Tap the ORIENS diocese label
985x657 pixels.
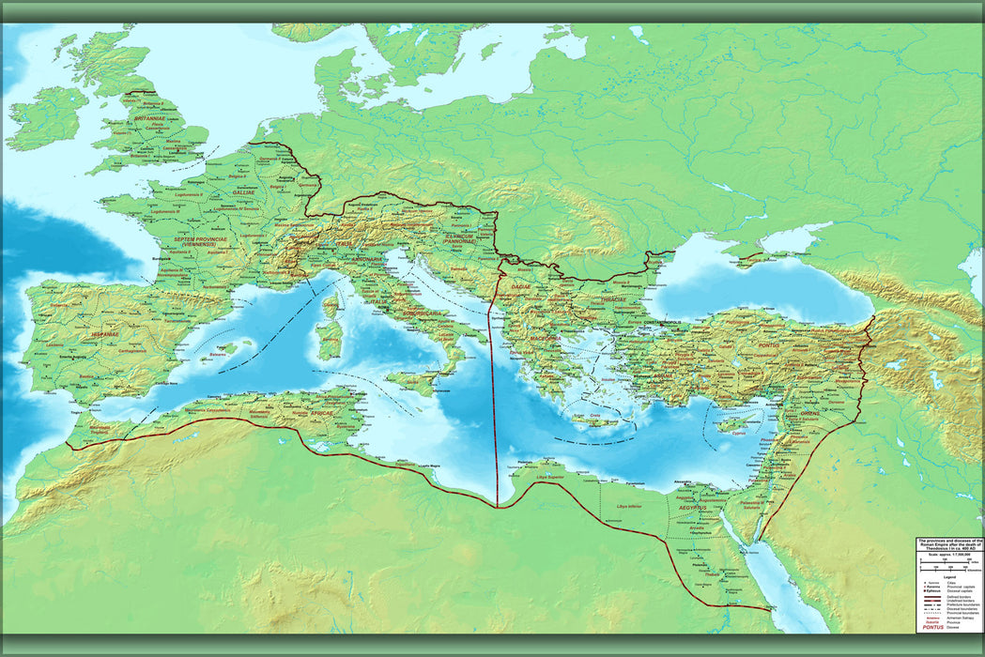[809, 412]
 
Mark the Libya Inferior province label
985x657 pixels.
[627, 507]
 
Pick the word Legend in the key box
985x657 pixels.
[948, 576]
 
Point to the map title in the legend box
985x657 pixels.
[949, 546]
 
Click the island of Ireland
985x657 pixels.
[47, 117]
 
